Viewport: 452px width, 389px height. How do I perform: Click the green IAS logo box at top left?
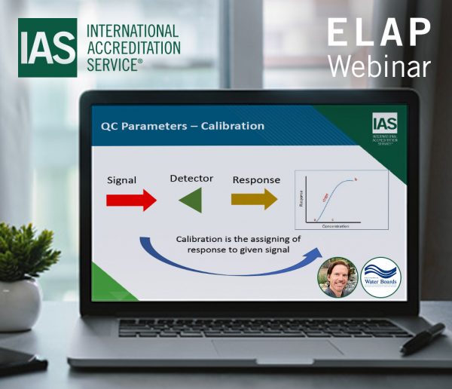[x=47, y=47]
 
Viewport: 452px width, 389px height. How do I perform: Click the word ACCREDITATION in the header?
[x=134, y=47]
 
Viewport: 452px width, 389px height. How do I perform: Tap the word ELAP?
[x=378, y=34]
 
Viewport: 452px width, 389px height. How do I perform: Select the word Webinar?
[x=378, y=66]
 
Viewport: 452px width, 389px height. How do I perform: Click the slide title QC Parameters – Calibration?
[x=182, y=126]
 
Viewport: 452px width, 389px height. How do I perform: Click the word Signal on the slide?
[x=121, y=182]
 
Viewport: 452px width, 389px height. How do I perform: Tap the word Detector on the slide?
[x=191, y=179]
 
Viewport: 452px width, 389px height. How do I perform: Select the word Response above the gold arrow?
[x=256, y=180]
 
